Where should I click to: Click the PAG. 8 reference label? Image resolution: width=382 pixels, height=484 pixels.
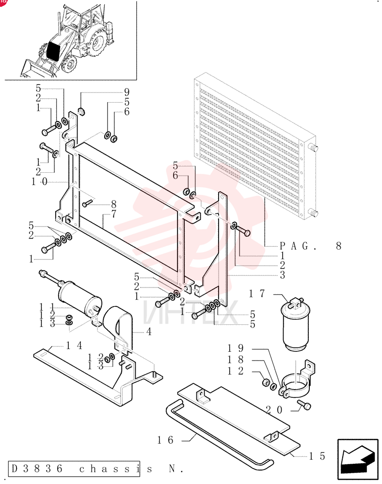click(x=310, y=246)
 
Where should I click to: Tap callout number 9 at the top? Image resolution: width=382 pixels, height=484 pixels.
click(x=127, y=92)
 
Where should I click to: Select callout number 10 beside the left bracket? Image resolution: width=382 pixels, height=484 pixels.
click(x=40, y=181)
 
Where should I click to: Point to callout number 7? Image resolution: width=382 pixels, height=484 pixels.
click(x=114, y=213)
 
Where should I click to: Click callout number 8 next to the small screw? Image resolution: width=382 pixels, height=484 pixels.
click(x=114, y=204)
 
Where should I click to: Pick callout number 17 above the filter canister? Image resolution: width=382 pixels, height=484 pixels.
click(x=257, y=293)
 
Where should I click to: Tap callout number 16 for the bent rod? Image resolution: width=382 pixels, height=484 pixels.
click(x=165, y=440)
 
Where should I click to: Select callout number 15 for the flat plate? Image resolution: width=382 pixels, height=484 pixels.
click(x=318, y=456)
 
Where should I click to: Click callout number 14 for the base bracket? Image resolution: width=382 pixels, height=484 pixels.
click(x=74, y=346)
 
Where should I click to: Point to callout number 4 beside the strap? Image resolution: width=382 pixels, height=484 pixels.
click(x=149, y=332)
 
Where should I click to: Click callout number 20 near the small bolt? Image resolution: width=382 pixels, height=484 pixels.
click(x=274, y=409)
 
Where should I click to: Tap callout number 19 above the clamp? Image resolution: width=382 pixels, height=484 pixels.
click(x=236, y=348)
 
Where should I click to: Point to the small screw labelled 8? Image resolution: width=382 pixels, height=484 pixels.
click(x=87, y=203)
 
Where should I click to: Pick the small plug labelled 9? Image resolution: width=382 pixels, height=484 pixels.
click(x=82, y=111)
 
